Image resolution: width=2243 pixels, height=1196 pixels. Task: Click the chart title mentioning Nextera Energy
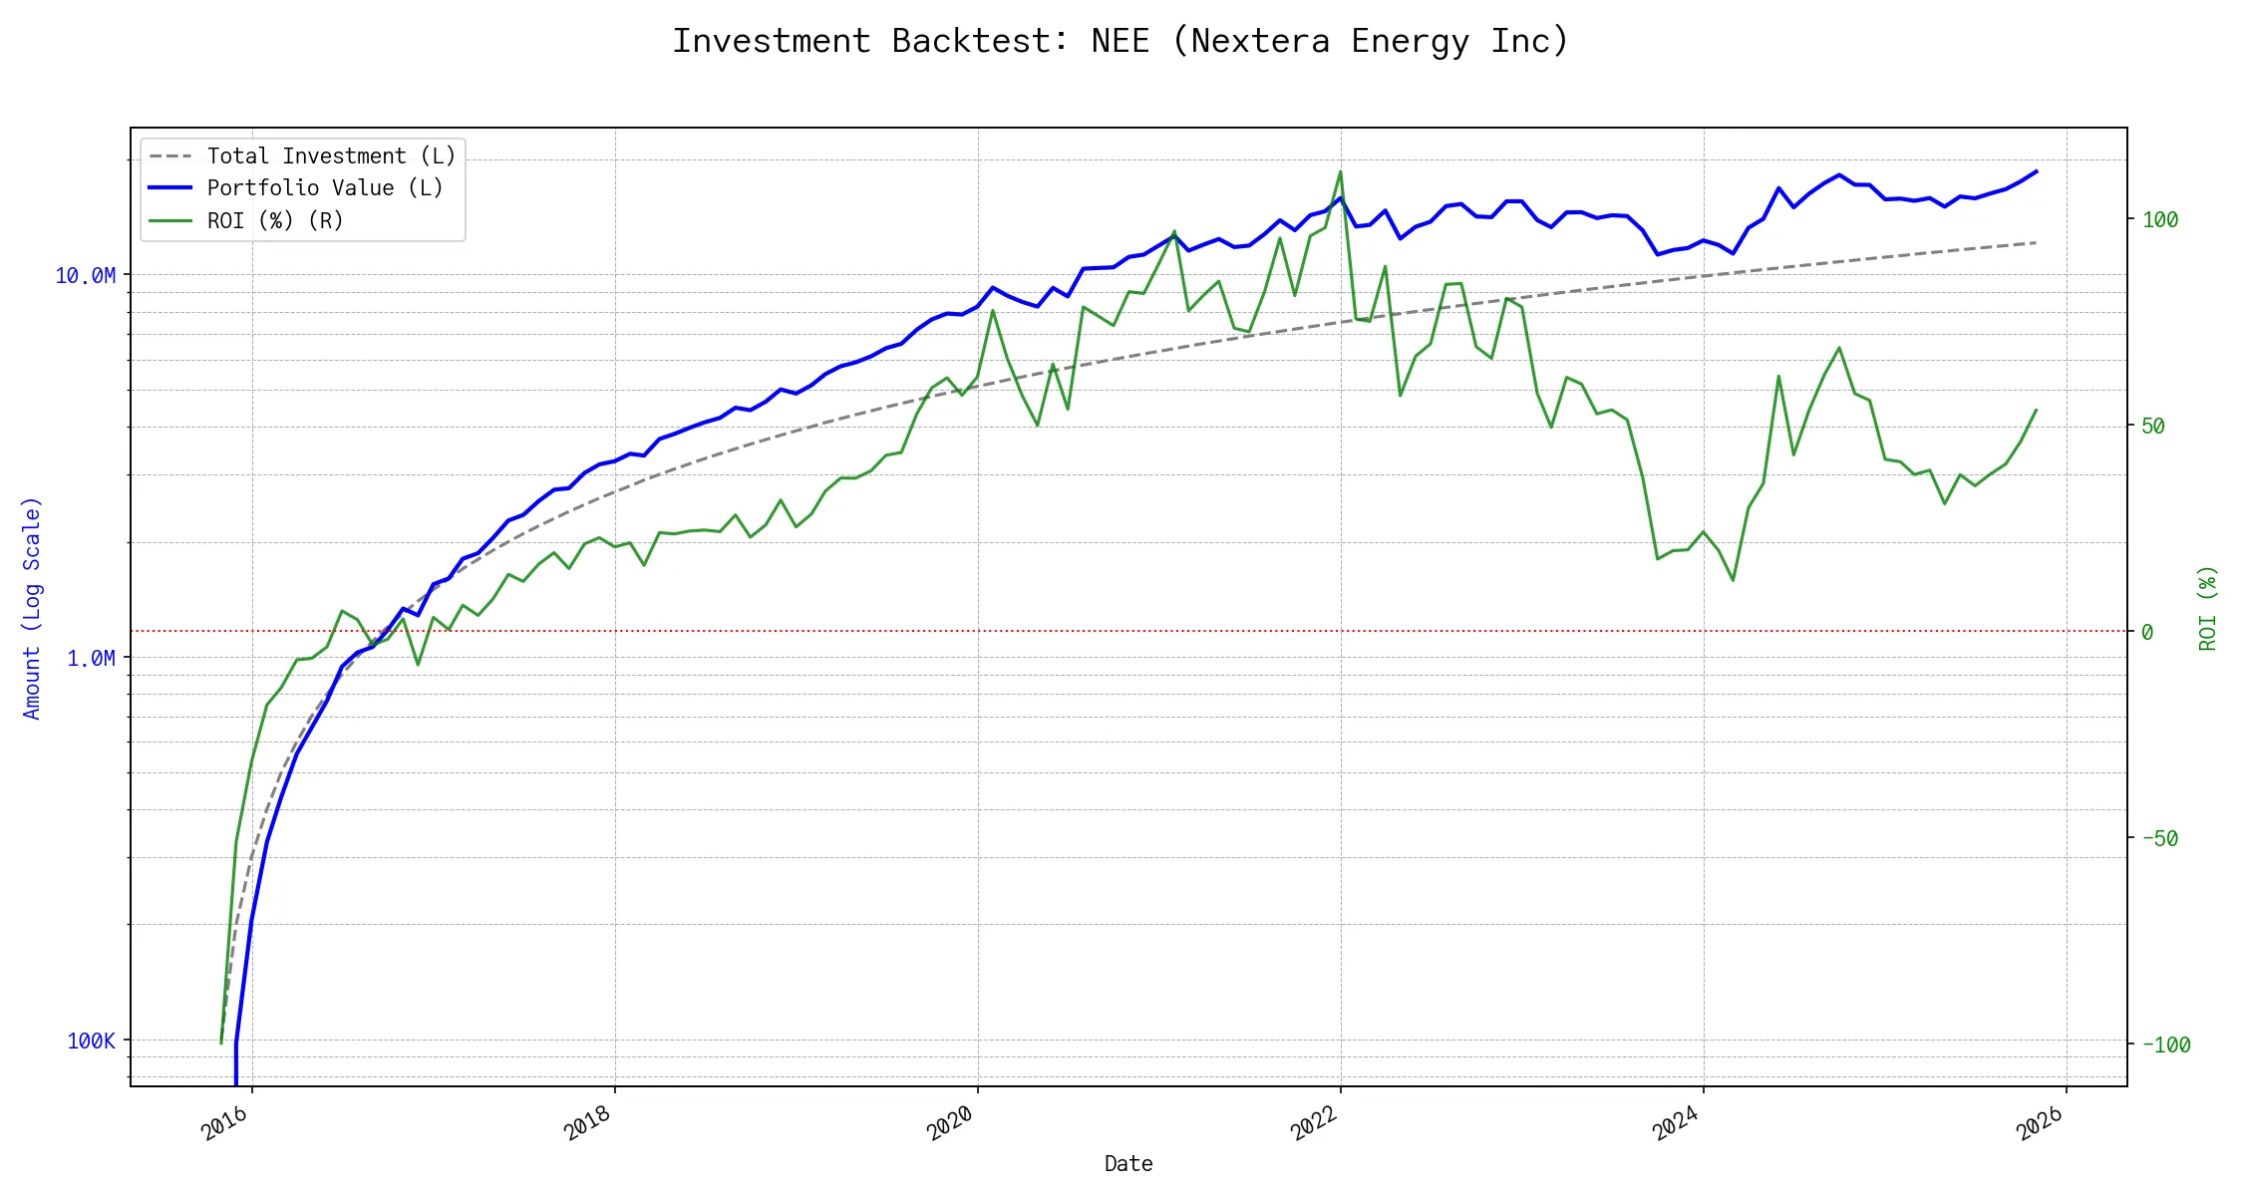point(1121,41)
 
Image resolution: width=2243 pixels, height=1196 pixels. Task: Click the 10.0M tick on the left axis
point(85,276)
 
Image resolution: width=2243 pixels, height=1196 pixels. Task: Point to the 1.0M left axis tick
point(91,658)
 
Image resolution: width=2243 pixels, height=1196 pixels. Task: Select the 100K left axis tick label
point(91,1042)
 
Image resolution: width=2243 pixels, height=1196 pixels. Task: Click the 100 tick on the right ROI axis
point(2160,220)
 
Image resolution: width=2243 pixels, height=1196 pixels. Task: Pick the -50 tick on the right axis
point(2160,839)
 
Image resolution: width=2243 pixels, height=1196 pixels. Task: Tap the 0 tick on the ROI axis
point(2147,632)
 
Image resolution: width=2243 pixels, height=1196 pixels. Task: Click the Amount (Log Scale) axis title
point(32,608)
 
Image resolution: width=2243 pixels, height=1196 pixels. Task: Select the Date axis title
point(1128,1164)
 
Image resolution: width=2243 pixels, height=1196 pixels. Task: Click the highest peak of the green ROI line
point(1340,171)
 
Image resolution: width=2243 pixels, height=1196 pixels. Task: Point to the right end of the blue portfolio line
point(2036,171)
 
